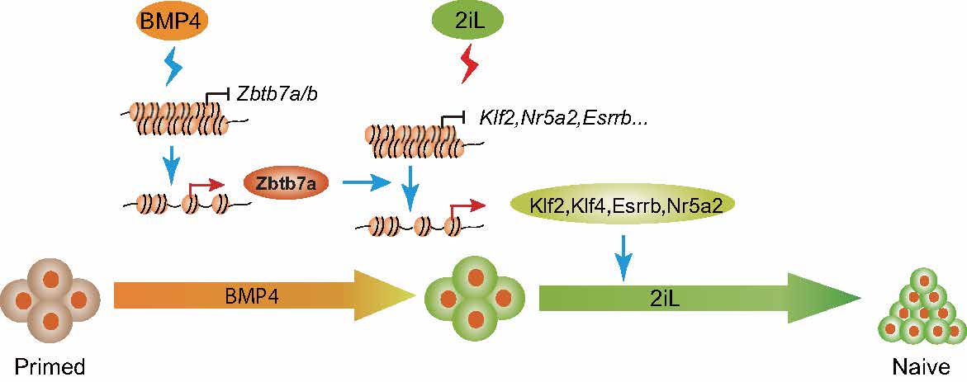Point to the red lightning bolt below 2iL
point(468,65)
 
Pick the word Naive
point(920,365)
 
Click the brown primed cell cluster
point(51,299)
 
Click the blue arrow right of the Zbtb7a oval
point(363,185)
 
